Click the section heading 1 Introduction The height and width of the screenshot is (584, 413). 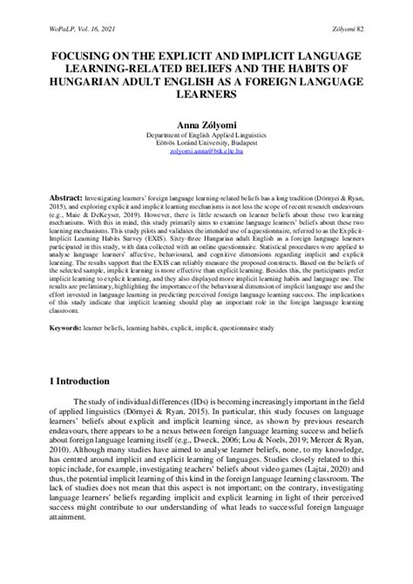(x=78, y=381)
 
